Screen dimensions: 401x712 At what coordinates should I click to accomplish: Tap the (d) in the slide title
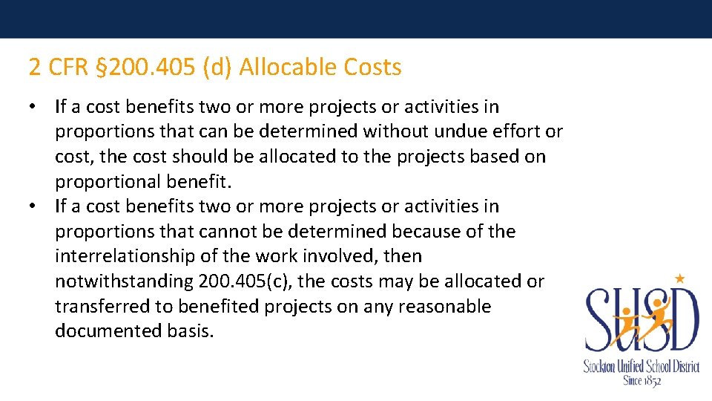point(217,68)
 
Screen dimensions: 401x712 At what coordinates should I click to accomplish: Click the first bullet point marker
point(34,106)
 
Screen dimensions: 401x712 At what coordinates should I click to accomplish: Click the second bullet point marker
point(34,206)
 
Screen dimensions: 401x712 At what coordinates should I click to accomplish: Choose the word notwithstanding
point(124,281)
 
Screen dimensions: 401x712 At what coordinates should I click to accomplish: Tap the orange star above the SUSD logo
point(679,278)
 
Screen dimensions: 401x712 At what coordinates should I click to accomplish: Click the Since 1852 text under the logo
point(642,379)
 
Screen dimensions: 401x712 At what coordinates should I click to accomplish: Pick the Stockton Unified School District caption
point(642,366)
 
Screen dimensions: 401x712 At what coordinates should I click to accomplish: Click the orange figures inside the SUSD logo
point(642,319)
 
